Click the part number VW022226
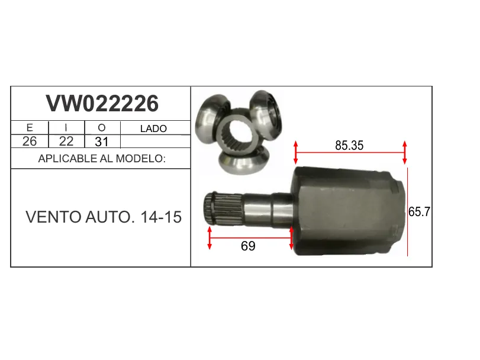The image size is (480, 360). [102, 104]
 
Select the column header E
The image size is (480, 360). [30, 128]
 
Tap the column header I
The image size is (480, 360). [66, 128]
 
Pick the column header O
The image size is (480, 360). [102, 128]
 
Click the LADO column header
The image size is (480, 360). [153, 128]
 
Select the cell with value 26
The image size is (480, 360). [30, 142]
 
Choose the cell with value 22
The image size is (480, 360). [66, 142]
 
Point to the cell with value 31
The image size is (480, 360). [102, 142]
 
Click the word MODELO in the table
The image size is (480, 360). [140, 159]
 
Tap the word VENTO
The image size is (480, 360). [53, 217]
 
